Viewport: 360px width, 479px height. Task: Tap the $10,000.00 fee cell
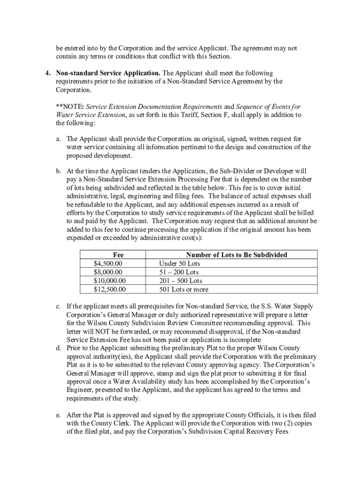tap(110, 281)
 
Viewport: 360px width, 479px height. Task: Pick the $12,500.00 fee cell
tap(110, 290)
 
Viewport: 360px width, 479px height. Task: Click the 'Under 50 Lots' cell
tap(180, 263)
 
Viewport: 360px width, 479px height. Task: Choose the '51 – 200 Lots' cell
tap(179, 272)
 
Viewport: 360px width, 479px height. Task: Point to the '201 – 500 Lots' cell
tap(181, 281)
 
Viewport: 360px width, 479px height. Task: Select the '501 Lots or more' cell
tap(184, 290)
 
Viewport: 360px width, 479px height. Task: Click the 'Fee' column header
tap(118, 255)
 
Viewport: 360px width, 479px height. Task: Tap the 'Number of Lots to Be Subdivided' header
tap(237, 255)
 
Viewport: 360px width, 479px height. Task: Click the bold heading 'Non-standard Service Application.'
tap(108, 73)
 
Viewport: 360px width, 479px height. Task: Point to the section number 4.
tap(47, 73)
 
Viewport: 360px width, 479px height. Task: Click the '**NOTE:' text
tap(70, 107)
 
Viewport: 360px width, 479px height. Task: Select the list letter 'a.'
tap(58, 139)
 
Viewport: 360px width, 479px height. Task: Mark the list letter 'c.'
tap(58, 306)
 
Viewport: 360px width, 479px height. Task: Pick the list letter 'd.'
tap(58, 348)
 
